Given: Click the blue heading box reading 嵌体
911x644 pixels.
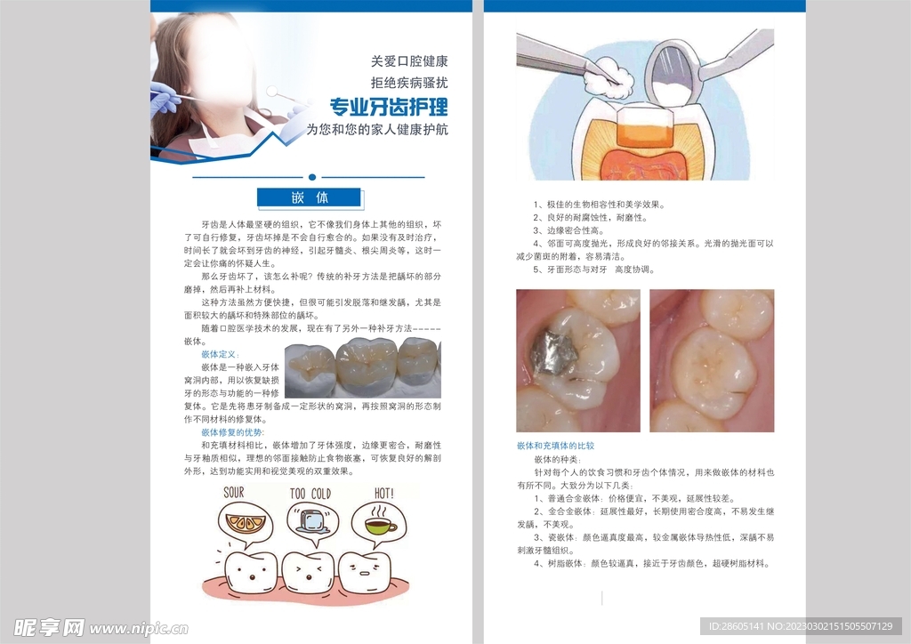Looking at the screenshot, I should coord(309,197).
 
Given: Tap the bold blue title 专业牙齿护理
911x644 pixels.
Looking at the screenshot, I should coord(389,108).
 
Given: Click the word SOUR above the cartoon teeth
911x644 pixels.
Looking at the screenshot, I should coord(234,492).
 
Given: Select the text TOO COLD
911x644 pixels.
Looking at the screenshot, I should coord(310,494).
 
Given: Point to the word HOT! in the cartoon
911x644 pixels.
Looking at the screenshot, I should coord(384,492).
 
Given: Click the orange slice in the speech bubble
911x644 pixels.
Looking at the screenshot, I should coord(239,522).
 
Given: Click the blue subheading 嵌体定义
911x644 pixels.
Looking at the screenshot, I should coord(221,354).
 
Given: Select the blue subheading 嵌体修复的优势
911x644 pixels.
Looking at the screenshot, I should coord(232,431).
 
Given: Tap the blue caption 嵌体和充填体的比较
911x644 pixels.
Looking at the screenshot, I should coord(555,445).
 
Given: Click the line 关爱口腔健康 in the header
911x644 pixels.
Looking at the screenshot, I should coord(408,62).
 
